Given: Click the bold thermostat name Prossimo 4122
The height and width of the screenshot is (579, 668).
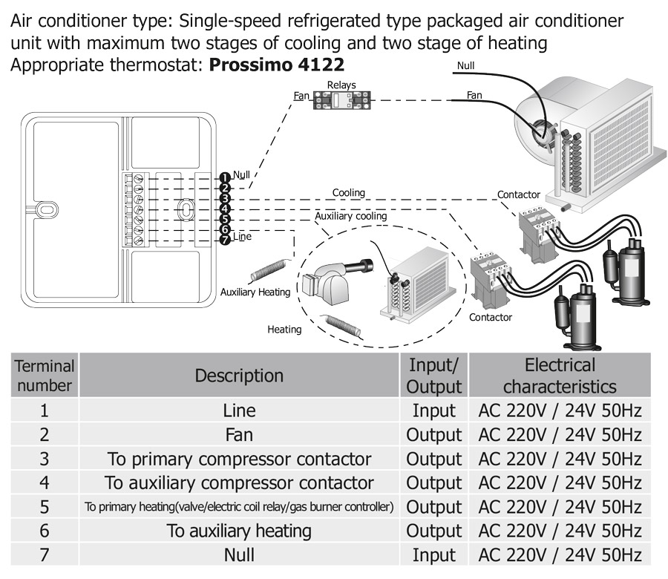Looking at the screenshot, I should click(277, 64).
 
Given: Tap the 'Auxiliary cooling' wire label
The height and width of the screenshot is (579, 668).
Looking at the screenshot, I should click(351, 216).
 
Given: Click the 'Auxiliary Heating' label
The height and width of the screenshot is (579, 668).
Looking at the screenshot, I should click(255, 292).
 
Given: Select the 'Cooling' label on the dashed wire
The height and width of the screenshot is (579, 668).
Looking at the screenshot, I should click(348, 193).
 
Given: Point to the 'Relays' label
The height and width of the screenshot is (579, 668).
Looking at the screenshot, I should click(341, 85).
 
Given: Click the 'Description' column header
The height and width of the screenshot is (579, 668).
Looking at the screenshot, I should click(239, 376).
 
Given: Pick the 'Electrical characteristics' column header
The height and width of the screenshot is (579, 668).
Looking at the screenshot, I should click(560, 376).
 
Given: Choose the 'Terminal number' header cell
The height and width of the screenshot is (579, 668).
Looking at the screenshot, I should click(45, 376).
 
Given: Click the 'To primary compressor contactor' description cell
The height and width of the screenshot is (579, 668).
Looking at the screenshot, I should click(239, 459).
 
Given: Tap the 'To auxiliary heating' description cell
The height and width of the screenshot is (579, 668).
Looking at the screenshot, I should click(239, 531).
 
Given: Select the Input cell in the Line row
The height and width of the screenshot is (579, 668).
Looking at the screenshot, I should click(434, 410).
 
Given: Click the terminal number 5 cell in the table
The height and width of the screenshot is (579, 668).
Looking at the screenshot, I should click(45, 507).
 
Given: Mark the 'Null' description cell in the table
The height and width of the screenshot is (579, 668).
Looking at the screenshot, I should click(239, 555).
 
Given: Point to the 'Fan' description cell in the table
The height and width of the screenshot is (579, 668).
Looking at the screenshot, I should click(239, 434).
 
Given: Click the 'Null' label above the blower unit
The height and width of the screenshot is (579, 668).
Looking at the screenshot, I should click(465, 65).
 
